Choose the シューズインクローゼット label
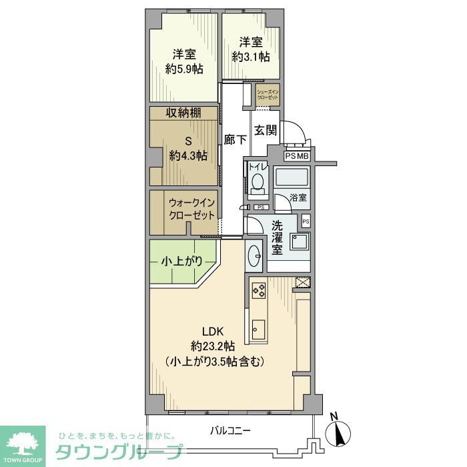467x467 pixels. coord(268,94)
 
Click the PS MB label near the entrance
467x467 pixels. coord(297,155)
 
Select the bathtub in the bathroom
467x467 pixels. coord(292,178)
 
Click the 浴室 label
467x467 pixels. coord(298,198)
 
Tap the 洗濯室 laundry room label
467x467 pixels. coord(278,237)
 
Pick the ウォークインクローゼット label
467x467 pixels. coord(191,209)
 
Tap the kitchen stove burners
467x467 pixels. coord(258,290)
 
